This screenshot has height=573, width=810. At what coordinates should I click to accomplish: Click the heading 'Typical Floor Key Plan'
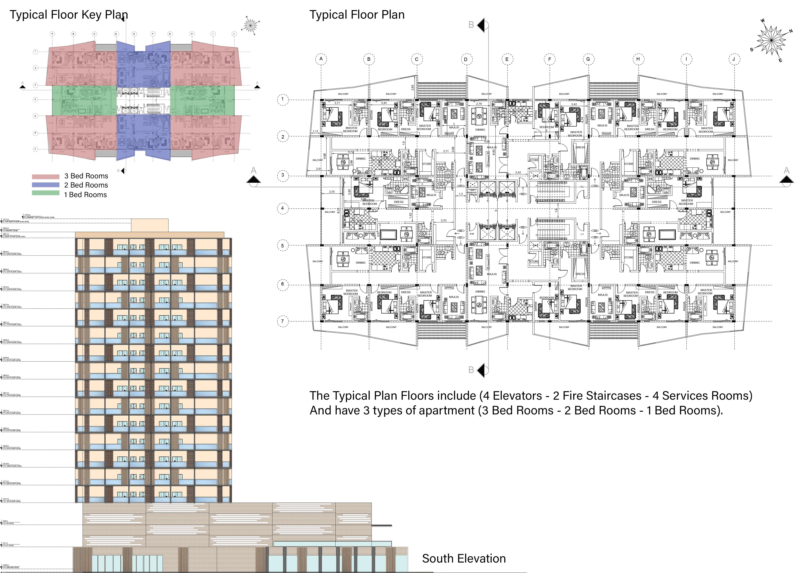pyautogui.click(x=69, y=15)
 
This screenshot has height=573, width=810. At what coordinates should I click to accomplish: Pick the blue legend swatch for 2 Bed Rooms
pyautogui.click(x=46, y=185)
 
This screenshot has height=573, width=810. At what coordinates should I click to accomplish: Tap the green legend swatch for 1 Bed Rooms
pyautogui.click(x=46, y=193)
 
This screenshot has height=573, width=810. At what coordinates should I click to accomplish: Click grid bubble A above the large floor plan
pyautogui.click(x=321, y=59)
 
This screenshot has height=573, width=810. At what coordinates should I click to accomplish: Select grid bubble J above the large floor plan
pyautogui.click(x=734, y=59)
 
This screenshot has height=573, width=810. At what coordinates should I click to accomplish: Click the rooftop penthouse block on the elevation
pyautogui.click(x=150, y=225)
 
